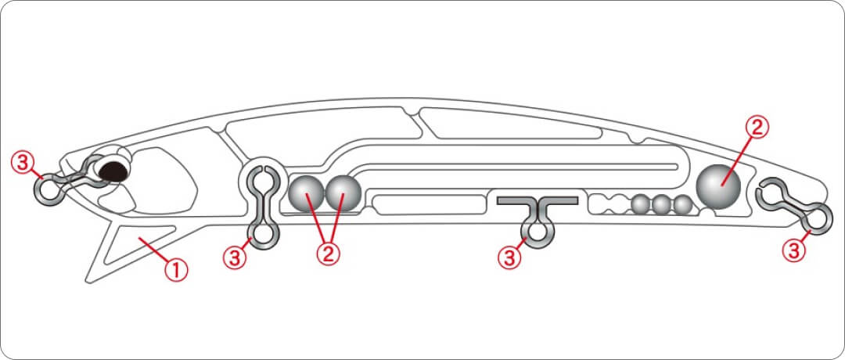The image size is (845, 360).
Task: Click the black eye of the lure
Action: [x=113, y=171]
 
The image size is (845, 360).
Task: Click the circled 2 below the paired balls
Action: [x=328, y=254]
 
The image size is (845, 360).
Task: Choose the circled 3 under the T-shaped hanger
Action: [x=510, y=257]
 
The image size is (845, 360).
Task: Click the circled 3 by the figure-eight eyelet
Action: [x=235, y=257]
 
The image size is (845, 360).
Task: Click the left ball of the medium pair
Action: [x=307, y=194]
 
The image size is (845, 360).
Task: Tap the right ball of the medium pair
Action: [x=343, y=194]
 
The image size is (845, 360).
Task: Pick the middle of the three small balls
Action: [x=663, y=204]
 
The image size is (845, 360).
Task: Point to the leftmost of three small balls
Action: [x=642, y=204]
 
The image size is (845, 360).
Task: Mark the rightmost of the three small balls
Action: [x=682, y=204]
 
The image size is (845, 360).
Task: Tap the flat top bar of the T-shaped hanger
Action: [x=538, y=200]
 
